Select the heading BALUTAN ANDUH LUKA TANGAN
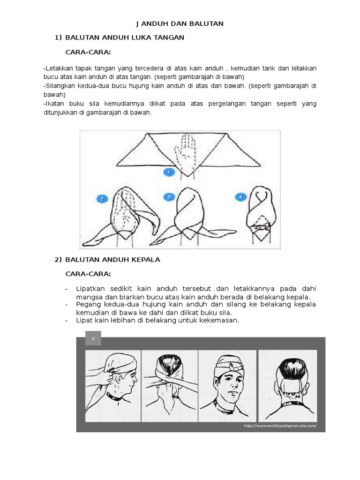125,37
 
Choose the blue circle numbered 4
241,197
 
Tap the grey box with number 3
93,338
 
